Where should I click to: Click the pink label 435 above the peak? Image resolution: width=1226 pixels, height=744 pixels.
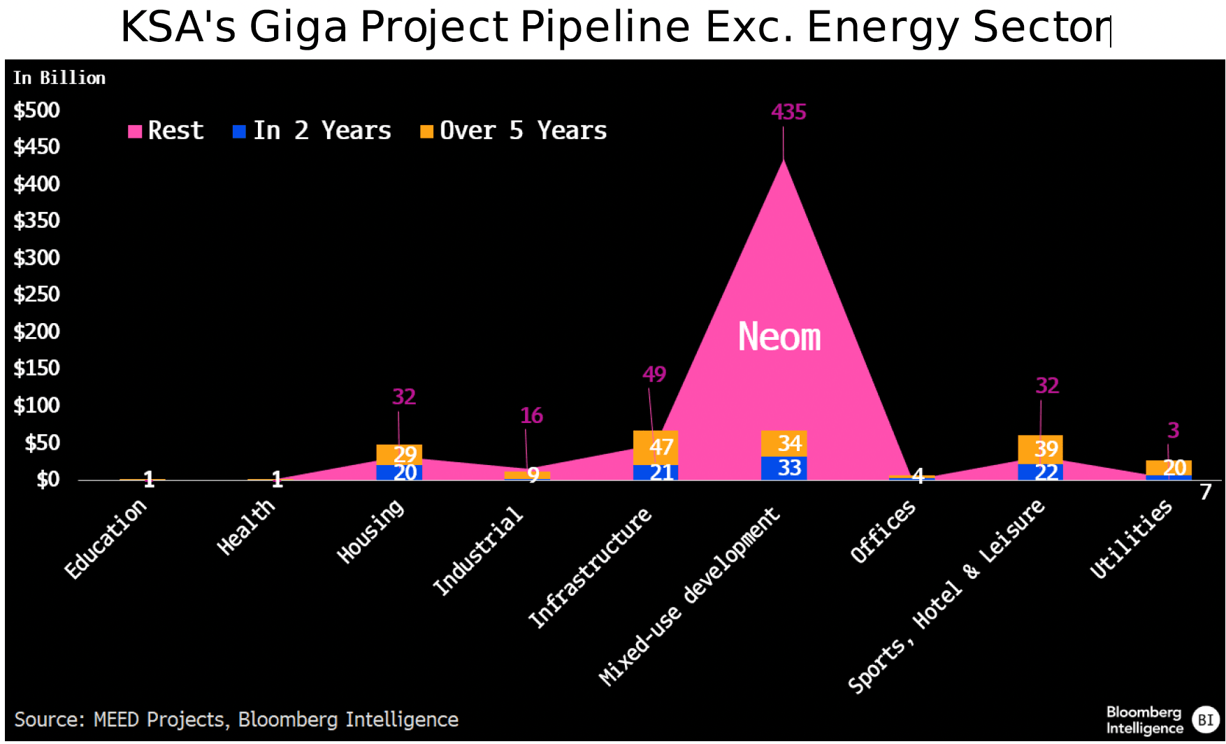pos(788,112)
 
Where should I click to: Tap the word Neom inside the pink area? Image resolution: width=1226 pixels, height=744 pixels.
pos(779,337)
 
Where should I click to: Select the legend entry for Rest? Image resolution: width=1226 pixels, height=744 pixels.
pos(166,131)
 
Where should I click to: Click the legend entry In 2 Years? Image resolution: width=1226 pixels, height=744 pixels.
pos(312,131)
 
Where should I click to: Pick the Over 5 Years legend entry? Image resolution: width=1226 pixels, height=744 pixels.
pos(514,131)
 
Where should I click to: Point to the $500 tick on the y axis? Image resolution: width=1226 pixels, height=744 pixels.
pos(37,110)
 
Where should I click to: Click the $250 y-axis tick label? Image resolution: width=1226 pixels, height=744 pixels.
pos(37,294)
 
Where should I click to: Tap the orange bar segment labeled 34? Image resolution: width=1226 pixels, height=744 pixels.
pos(784,443)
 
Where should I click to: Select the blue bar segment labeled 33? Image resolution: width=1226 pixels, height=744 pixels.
pos(784,468)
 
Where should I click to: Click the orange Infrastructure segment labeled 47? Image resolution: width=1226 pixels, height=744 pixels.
pos(656,447)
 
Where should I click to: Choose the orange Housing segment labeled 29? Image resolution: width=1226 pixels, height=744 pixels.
pos(399,454)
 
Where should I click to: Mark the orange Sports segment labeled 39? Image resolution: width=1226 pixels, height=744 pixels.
pos(1040,449)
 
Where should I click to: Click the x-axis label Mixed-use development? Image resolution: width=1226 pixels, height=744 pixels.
pos(690,596)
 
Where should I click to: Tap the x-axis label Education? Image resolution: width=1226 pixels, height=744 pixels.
pos(106,539)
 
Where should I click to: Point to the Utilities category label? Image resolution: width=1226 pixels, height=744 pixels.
pos(1131,539)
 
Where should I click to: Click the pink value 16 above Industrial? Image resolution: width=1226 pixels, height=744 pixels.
pos(531,416)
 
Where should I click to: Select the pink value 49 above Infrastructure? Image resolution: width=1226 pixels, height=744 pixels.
pos(654,375)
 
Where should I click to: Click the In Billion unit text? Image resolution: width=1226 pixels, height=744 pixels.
pos(59,78)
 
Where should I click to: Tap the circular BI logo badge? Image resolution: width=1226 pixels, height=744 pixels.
pos(1206,720)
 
